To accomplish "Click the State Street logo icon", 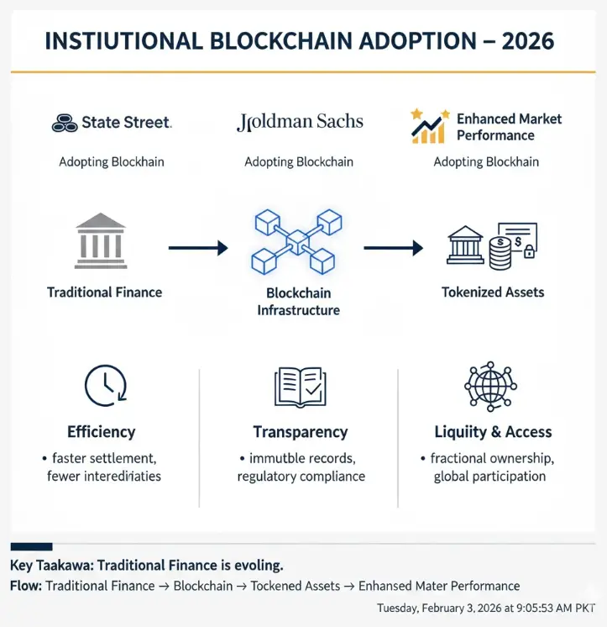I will click(x=64, y=124).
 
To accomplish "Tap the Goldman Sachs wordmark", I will click(x=300, y=123).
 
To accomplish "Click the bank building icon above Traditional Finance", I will click(x=101, y=241).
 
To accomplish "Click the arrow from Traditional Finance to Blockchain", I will click(x=198, y=248).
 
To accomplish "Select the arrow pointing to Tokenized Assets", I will click(x=393, y=248).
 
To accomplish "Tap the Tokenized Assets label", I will click(x=493, y=292).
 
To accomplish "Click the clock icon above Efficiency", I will click(x=105, y=385).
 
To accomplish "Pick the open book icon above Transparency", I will click(x=300, y=387).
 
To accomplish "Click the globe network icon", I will click(x=491, y=386).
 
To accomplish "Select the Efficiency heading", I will click(x=102, y=432).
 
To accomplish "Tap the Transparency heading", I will click(x=301, y=432).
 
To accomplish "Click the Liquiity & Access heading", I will click(x=493, y=432).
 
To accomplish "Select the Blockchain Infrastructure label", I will click(x=298, y=302).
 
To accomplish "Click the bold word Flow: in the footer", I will click(x=25, y=586).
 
